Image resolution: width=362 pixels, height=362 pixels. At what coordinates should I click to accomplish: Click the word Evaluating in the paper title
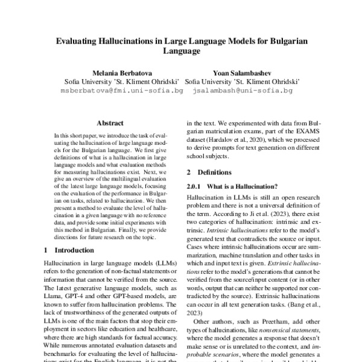(x=77, y=41)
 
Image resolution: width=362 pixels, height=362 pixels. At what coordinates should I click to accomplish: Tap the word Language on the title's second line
(x=181, y=52)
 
